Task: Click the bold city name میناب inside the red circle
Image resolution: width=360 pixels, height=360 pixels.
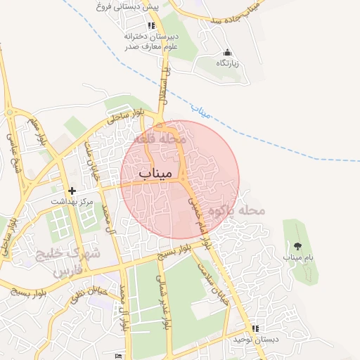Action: click(x=155, y=173)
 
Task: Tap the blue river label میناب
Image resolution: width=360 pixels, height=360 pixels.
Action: click(x=202, y=111)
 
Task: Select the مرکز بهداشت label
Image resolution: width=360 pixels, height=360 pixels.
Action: click(x=71, y=201)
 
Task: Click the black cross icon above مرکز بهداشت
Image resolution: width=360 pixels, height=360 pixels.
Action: click(x=71, y=191)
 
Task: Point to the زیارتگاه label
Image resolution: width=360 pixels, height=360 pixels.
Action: click(x=227, y=63)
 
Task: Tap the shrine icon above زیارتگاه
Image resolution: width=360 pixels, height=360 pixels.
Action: click(x=227, y=53)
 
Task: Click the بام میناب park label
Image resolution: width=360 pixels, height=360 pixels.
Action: click(x=297, y=257)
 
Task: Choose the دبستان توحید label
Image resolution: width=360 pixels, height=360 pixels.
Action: click(x=257, y=340)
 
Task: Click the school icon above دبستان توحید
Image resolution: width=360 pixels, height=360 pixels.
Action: click(x=255, y=328)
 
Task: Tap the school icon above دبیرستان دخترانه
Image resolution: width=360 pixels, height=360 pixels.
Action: click(x=151, y=25)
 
